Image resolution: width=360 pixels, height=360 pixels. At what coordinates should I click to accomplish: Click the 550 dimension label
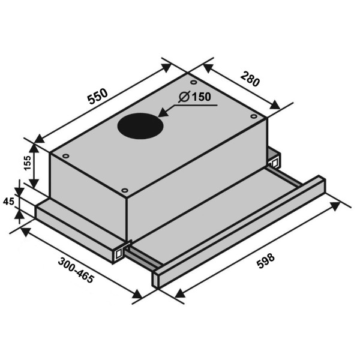[98, 96]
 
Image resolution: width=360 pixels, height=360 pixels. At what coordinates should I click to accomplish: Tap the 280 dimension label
[250, 79]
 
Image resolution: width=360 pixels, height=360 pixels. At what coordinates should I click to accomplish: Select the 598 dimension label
[266, 260]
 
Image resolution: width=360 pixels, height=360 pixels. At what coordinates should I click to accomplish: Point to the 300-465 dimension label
[76, 270]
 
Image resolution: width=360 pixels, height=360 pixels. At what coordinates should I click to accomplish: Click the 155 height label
[28, 163]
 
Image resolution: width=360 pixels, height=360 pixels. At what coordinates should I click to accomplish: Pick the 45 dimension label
[9, 202]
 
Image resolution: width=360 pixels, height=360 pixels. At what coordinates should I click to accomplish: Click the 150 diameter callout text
[201, 97]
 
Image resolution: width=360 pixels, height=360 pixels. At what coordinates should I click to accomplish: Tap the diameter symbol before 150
[184, 97]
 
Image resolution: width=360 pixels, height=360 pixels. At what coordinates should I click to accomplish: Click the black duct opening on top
[140, 126]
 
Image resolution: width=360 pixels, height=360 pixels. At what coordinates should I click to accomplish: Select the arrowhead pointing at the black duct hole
[163, 112]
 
